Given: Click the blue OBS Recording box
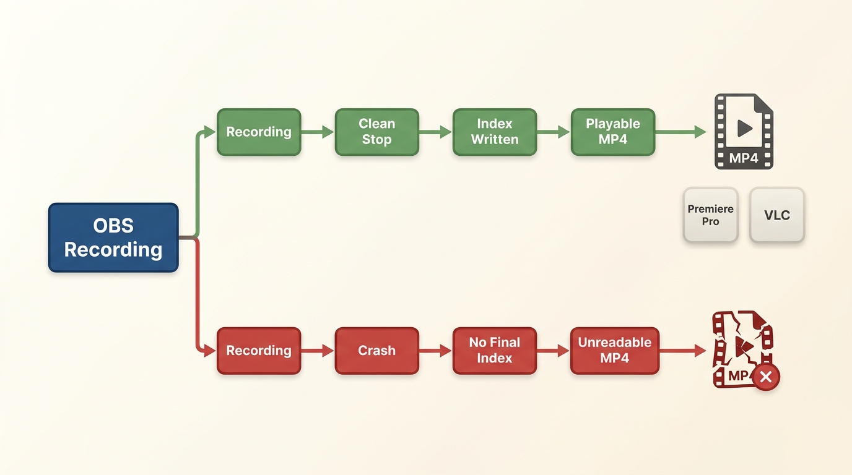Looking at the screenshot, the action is (113, 237).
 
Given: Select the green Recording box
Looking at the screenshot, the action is (259, 132).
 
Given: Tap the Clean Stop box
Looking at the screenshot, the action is (377, 132).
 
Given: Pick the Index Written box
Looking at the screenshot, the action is (495, 132).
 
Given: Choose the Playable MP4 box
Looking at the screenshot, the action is (613, 132).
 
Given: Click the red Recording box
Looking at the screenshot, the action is (259, 351).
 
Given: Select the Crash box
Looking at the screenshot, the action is (377, 351).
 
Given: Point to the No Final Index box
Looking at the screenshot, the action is (495, 351).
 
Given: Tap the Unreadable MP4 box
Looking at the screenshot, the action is (615, 351).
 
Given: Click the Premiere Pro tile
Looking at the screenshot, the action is (710, 215).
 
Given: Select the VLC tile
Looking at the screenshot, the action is (777, 215).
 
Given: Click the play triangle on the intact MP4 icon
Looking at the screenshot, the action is (745, 128).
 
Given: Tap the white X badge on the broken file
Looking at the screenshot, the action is (766, 377).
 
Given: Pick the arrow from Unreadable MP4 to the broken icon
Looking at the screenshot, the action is (683, 351).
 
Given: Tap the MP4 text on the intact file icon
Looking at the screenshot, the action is (744, 158).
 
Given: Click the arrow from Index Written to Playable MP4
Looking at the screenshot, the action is (554, 132).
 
